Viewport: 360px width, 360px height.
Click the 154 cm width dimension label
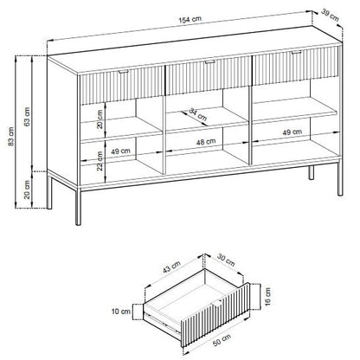pos(190,20)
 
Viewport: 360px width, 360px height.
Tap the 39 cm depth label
pos(330,16)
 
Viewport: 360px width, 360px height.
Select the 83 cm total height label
pos(11,136)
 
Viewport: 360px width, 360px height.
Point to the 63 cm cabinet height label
pos(27,117)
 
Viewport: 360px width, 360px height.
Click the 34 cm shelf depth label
pos(198,114)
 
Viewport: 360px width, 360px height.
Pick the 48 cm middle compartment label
pos(206,142)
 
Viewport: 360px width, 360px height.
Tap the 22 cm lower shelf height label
pos(100,161)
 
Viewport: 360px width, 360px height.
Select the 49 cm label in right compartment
pos(292,132)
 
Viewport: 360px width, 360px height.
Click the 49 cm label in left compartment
pos(120,151)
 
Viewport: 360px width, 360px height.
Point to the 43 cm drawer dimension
pos(171,267)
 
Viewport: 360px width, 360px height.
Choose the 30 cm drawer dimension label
pos(226,260)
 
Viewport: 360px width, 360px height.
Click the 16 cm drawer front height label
pos(267,296)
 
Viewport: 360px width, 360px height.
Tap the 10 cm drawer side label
pos(121,312)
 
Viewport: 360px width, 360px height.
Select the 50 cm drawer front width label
pos(222,340)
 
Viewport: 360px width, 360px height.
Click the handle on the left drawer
pos(125,71)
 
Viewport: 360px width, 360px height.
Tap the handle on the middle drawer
pos(210,61)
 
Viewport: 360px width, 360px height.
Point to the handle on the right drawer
pos(296,53)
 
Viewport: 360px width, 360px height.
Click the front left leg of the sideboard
pos(78,207)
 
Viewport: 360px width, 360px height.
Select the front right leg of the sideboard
pos(340,179)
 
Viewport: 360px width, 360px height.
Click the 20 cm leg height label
pos(27,190)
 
